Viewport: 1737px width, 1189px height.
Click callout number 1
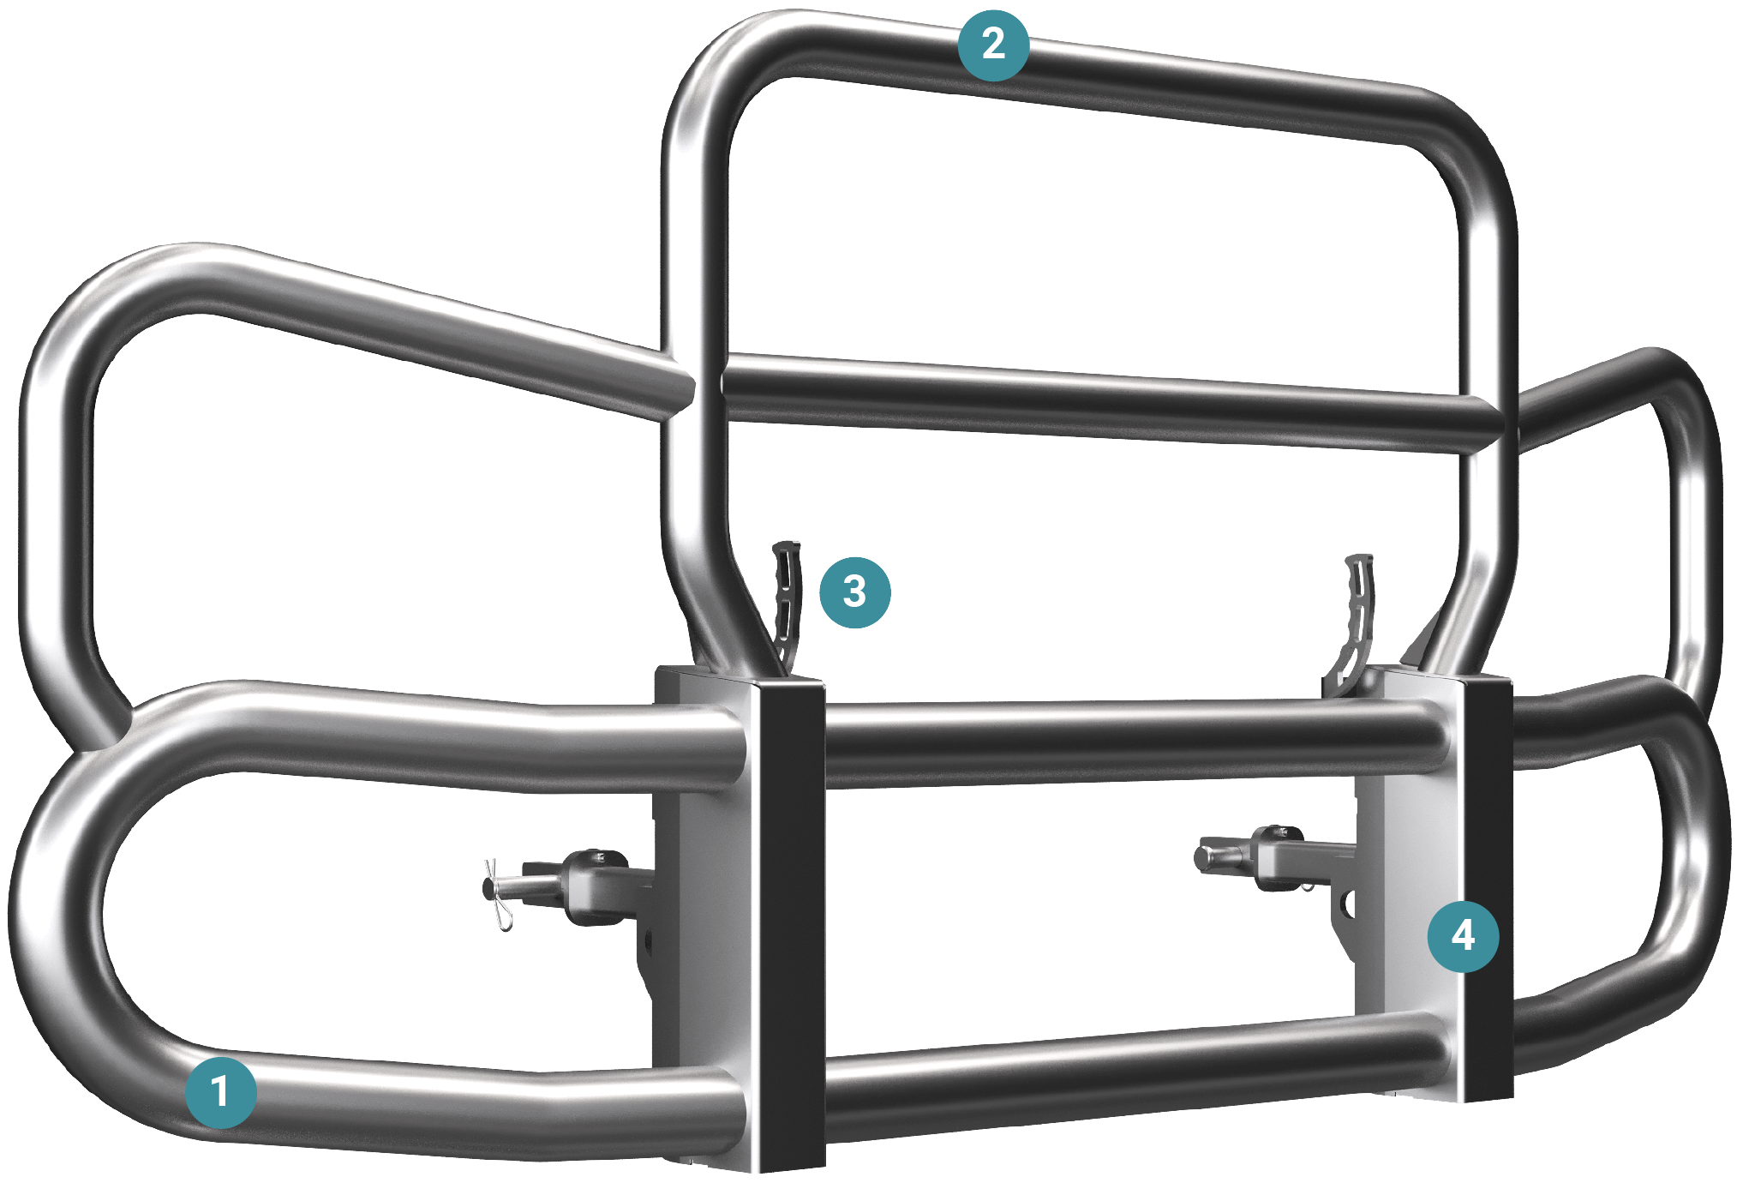click(221, 1092)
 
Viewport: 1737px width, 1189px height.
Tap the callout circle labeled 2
click(993, 44)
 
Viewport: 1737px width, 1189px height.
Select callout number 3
click(854, 592)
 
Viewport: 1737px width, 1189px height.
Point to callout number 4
click(1463, 935)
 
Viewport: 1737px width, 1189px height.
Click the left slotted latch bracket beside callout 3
click(786, 600)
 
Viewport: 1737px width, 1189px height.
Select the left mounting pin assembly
click(583, 887)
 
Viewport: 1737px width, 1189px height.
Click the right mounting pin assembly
click(1268, 857)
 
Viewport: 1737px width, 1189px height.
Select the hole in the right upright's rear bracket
click(1348, 904)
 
